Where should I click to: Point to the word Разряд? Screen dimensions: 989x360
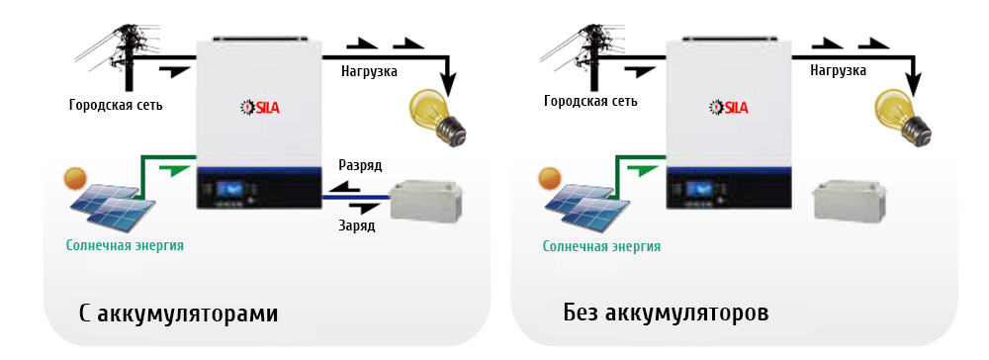[x=359, y=165]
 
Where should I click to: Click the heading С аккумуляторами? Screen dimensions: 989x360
[x=178, y=315]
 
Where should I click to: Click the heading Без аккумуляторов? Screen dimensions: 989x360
[x=665, y=315]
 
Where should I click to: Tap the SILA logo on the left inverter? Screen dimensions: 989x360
[x=260, y=107]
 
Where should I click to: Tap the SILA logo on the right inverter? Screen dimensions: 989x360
[x=729, y=107]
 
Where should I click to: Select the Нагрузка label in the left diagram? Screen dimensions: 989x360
[x=369, y=71]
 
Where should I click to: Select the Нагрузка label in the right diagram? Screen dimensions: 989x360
[x=838, y=71]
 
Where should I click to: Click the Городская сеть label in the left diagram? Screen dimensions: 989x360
[x=116, y=104]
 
